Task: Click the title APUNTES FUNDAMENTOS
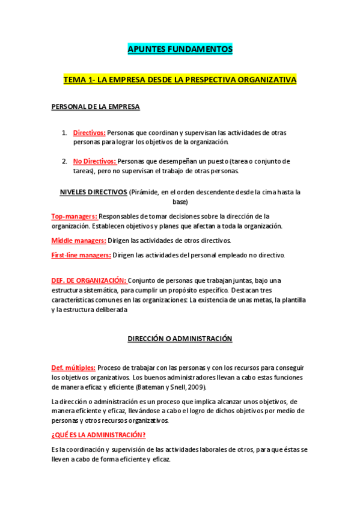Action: [180, 49]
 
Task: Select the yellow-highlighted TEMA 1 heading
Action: [180, 79]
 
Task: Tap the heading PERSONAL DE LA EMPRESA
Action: [96, 107]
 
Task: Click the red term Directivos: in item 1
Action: [89, 132]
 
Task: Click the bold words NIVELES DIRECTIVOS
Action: [93, 192]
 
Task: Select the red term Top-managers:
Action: [74, 216]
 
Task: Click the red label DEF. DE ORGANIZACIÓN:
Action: [89, 280]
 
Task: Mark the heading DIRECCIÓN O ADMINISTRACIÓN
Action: [180, 339]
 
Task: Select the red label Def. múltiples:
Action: [73, 367]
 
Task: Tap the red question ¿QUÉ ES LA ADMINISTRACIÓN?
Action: [99, 435]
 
